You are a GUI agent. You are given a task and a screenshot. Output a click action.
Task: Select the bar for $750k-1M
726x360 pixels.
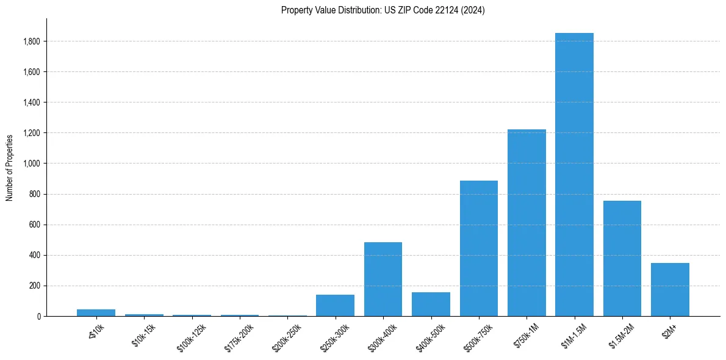pos(527,223)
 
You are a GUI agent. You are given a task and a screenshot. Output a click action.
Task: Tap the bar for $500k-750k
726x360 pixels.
pos(478,248)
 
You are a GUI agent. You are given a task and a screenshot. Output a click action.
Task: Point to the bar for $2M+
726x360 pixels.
pos(670,289)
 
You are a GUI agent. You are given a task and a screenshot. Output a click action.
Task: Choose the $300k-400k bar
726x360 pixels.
pos(383,279)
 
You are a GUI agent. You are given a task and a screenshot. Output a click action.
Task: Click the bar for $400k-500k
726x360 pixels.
pos(431,304)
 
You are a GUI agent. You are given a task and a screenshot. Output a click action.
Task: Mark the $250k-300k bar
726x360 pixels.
pos(335,305)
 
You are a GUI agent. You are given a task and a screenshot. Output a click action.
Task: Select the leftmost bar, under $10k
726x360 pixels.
pos(96,312)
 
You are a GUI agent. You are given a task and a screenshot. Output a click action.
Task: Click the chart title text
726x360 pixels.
pos(383,10)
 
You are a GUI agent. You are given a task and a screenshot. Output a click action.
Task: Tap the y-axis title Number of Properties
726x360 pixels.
pos(10,167)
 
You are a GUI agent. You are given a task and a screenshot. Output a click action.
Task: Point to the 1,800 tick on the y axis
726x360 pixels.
pos(32,41)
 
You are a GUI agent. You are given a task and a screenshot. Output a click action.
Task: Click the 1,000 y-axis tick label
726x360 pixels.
pos(32,164)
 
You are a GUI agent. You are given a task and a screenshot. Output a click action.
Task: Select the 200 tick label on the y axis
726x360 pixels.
pos(35,286)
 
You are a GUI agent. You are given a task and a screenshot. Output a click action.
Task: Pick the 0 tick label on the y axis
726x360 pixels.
pos(38,316)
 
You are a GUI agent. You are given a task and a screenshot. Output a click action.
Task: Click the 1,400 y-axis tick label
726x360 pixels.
pos(32,103)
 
